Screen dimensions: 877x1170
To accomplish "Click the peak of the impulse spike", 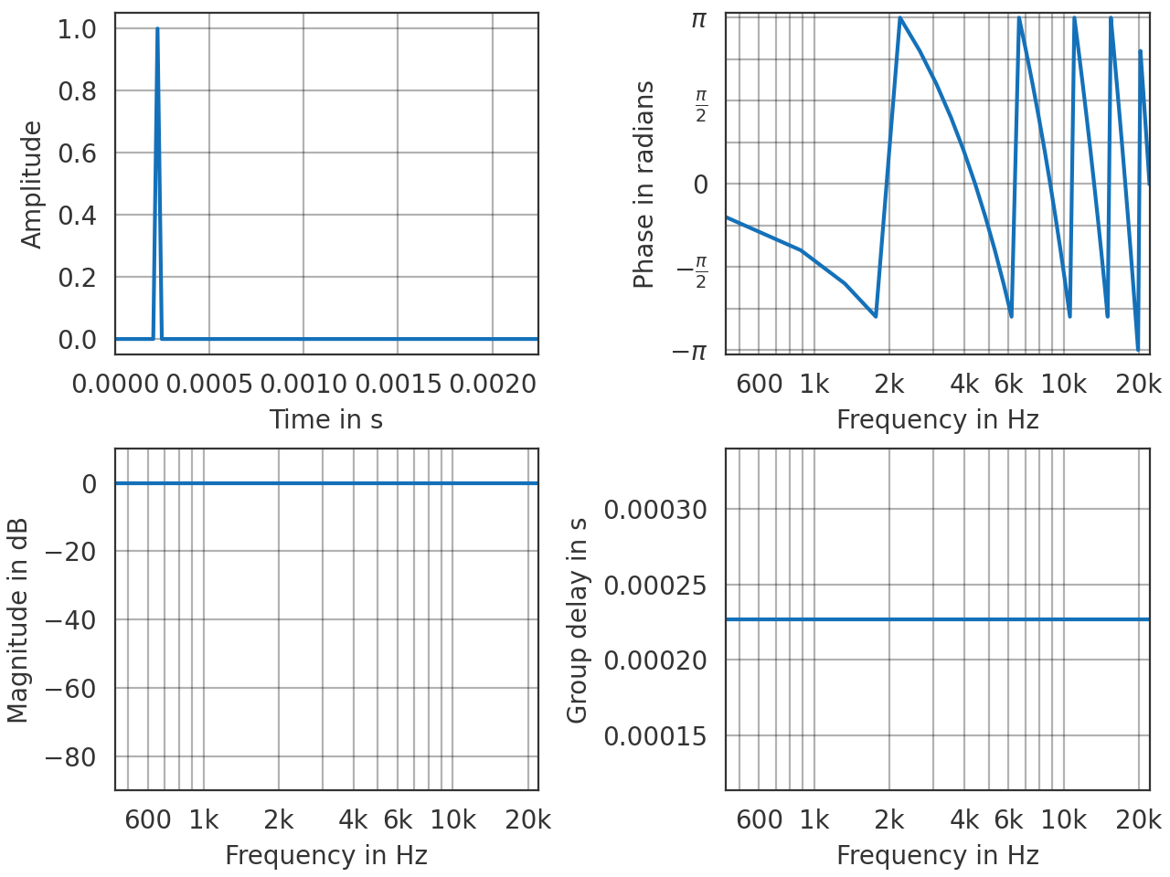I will (157, 29).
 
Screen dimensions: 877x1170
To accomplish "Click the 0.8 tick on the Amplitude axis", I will (77, 91).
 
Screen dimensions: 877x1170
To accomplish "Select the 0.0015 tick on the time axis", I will (397, 384).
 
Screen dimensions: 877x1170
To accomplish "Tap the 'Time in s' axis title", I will (325, 419).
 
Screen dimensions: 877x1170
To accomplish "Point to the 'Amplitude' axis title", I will (32, 185).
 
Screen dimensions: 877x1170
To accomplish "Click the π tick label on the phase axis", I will (698, 18).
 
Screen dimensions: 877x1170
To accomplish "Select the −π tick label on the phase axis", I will (690, 352).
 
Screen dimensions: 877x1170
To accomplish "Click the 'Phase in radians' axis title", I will (644, 185).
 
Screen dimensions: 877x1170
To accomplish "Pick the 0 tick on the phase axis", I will (700, 185).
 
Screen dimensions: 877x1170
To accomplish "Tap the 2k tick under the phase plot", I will (888, 384).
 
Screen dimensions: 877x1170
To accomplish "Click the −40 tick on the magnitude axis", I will (70, 620).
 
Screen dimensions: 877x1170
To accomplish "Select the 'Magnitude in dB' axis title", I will (18, 620).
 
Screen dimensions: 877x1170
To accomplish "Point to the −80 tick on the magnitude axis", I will (70, 757).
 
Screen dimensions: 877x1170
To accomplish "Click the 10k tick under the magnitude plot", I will (453, 820).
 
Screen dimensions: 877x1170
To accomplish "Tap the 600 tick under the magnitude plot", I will (148, 820).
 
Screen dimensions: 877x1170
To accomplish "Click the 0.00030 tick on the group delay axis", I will (655, 510).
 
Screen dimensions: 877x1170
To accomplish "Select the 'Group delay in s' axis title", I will (577, 620).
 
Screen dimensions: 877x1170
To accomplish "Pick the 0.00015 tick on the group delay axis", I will (655, 736).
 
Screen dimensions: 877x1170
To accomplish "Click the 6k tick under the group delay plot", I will (1008, 820).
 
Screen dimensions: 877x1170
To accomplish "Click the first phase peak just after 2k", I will (900, 18).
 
